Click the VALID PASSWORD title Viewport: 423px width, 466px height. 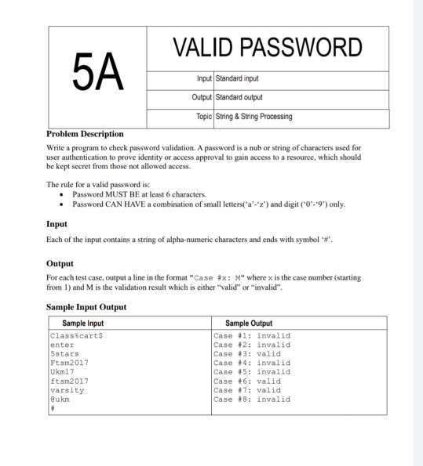point(268,48)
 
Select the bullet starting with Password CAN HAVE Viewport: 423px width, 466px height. point(208,204)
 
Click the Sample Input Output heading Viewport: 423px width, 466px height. point(86,307)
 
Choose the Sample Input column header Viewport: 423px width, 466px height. point(82,323)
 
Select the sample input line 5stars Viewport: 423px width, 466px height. point(64,353)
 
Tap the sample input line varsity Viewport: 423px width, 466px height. point(66,389)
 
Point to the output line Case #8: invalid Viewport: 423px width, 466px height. point(251,399)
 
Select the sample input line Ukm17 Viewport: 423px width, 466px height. point(62,371)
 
